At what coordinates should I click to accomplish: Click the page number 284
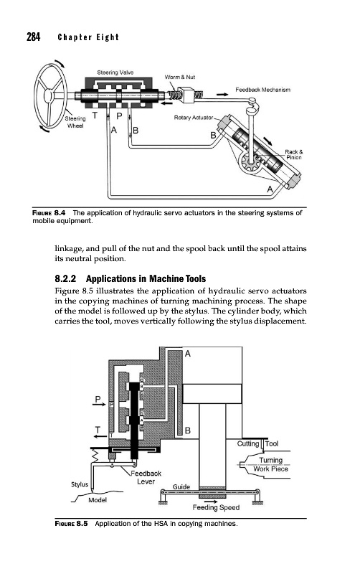click(x=33, y=37)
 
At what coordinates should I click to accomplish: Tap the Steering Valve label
click(x=115, y=72)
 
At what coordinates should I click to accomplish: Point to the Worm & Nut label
click(x=180, y=77)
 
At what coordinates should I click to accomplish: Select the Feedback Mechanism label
click(x=262, y=90)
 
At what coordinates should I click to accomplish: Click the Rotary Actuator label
click(x=194, y=118)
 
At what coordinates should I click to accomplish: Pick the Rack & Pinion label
click(x=294, y=154)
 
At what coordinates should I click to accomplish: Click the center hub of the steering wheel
click(x=48, y=96)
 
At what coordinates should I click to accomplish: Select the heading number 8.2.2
click(x=65, y=279)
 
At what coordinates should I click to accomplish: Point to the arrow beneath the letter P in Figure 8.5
click(x=98, y=405)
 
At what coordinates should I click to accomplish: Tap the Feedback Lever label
click(x=146, y=477)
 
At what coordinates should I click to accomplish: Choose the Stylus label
click(x=80, y=484)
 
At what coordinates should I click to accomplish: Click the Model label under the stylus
click(x=98, y=500)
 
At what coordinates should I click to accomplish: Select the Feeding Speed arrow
click(x=211, y=502)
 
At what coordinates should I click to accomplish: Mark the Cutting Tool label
click(x=257, y=443)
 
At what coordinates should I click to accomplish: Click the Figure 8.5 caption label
click(x=71, y=524)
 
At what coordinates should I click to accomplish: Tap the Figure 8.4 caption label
click(x=49, y=212)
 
